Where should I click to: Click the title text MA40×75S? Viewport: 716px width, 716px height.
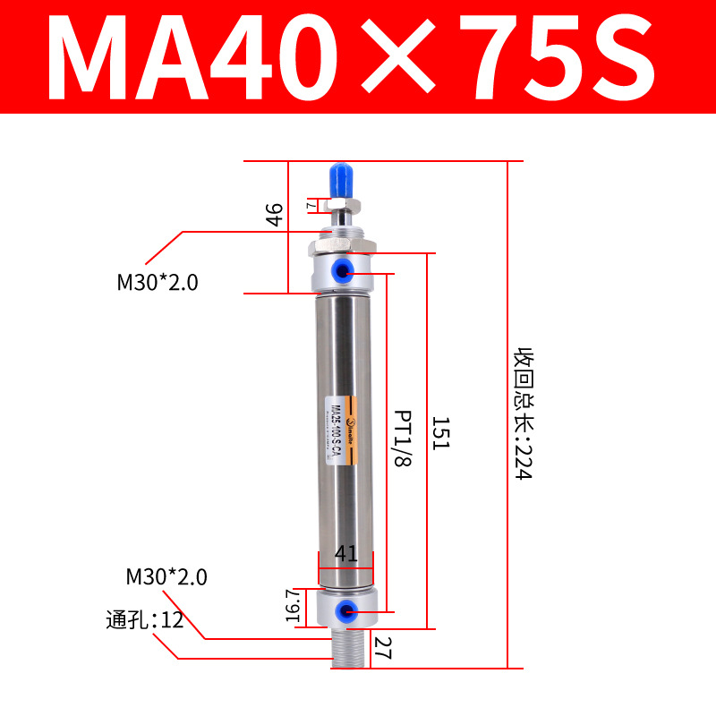point(357,59)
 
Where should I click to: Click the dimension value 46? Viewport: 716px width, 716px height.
point(275,215)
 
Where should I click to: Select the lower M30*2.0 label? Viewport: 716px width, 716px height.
point(166,576)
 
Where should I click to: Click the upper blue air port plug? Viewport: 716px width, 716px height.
point(344,270)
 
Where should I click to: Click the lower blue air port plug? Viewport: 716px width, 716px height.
point(344,611)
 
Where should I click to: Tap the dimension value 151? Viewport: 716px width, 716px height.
point(439,433)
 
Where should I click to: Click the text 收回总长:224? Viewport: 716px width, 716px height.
point(523,413)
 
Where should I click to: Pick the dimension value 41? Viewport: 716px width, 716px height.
point(345,555)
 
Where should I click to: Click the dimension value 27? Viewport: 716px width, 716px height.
point(383,646)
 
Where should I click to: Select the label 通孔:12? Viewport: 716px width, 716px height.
point(144,618)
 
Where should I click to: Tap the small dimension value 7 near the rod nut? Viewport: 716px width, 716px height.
point(311,205)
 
